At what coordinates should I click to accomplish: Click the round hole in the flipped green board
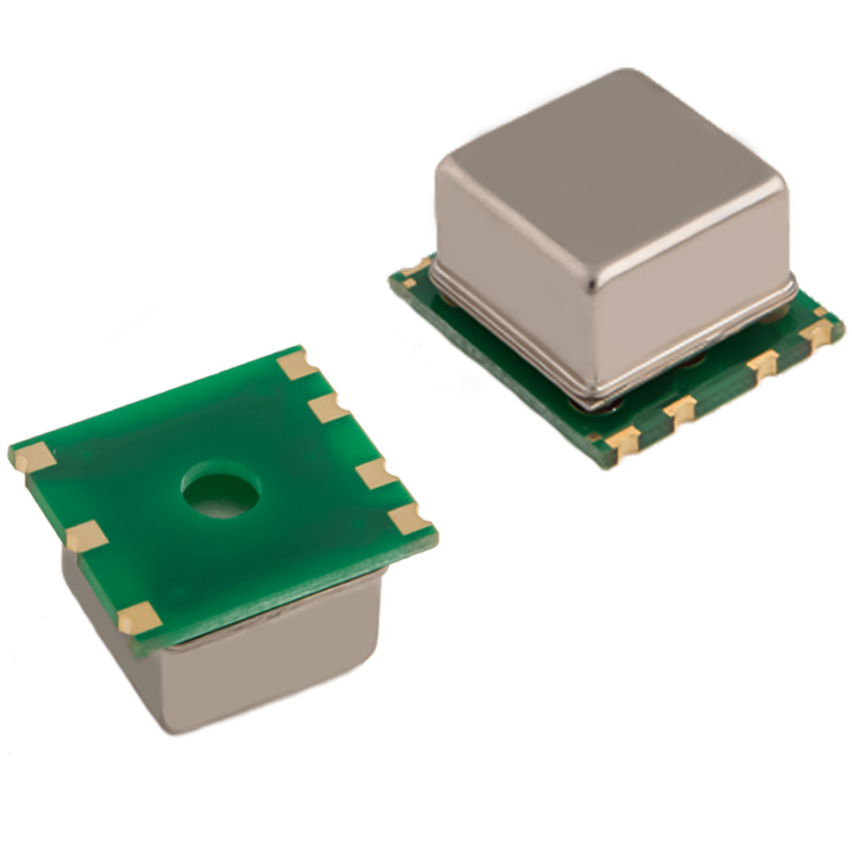click(221, 489)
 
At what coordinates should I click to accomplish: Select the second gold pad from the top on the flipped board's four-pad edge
click(328, 408)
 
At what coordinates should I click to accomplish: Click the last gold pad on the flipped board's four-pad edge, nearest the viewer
click(409, 517)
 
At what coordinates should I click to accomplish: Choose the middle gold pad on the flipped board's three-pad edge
click(86, 536)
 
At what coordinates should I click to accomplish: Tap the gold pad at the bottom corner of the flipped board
click(139, 619)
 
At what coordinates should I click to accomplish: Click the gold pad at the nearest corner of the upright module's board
click(622, 440)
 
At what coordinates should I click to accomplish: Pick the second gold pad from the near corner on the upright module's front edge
click(679, 409)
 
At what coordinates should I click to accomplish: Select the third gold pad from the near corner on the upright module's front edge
click(761, 364)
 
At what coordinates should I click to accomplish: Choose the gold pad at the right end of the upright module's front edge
click(816, 332)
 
